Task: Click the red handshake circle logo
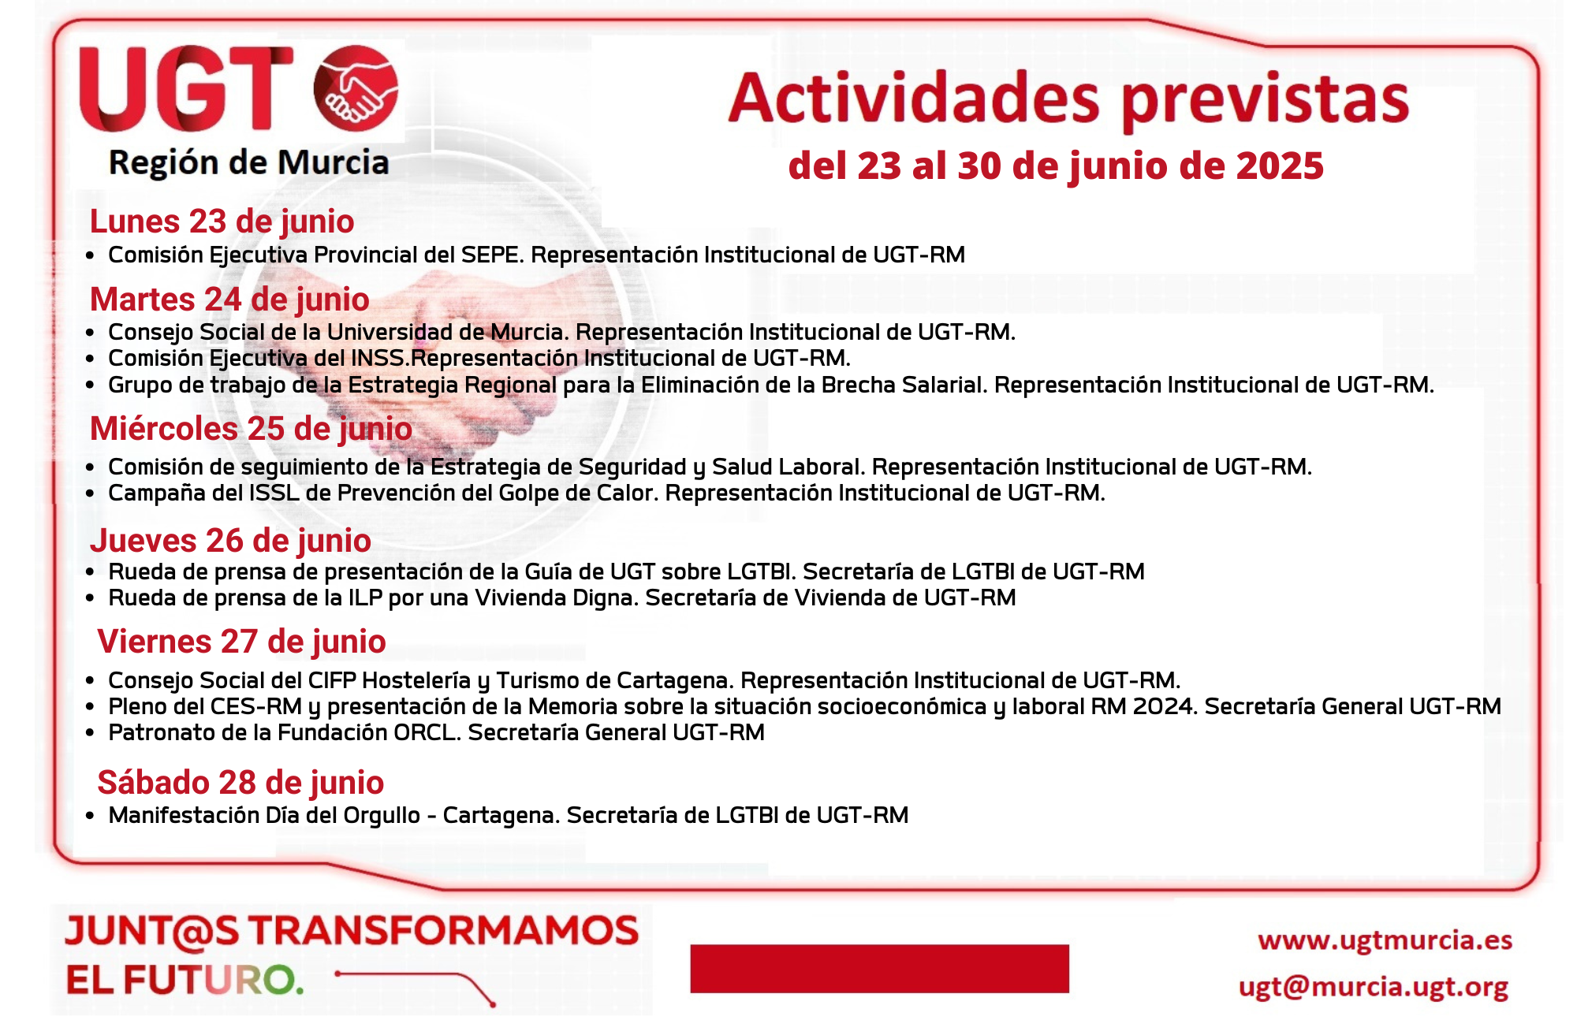tap(356, 88)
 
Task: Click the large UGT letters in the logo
tap(186, 88)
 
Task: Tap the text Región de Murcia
tap(248, 163)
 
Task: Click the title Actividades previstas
tap(1068, 99)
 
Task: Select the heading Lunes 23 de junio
tap(222, 221)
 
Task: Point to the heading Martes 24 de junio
tap(229, 300)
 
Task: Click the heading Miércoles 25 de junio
tap(251, 429)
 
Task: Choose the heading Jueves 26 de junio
tap(230, 541)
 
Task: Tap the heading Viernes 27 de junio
tap(241, 642)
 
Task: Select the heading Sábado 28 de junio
tap(240, 783)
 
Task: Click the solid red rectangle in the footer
tap(879, 968)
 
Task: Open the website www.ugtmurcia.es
tap(1385, 940)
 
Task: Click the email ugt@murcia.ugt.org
tap(1373, 987)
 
